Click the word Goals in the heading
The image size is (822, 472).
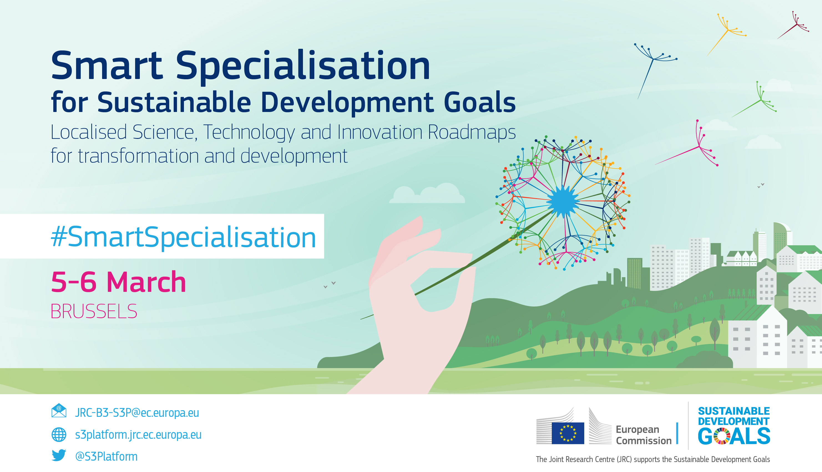tap(479, 102)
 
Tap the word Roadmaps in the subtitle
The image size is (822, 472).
tap(472, 132)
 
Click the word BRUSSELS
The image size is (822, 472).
tap(94, 312)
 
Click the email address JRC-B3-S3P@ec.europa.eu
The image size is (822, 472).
tap(137, 413)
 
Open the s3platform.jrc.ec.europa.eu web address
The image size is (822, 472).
tap(138, 435)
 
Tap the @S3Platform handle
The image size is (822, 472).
tap(107, 456)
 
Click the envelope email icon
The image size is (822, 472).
tap(59, 411)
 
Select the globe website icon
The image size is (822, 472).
tap(59, 435)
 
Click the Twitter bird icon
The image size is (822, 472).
tap(59, 455)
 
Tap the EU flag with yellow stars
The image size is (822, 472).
tap(568, 433)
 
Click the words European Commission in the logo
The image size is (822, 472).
tap(644, 435)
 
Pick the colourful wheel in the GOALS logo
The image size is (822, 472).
tap(722, 436)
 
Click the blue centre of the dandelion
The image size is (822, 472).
tap(563, 201)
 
